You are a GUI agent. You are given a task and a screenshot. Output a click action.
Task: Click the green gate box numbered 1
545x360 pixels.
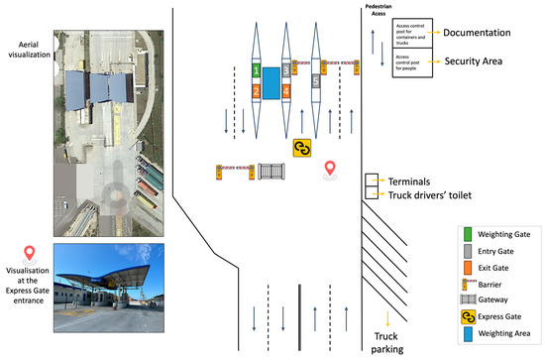tap(256, 71)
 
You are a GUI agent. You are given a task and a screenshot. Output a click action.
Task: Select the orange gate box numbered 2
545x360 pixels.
tap(256, 91)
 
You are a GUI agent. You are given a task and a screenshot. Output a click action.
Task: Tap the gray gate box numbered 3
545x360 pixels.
tap(286, 71)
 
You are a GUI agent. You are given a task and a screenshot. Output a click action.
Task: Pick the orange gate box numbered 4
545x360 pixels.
tap(286, 91)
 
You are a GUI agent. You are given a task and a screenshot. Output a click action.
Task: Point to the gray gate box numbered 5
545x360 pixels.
tap(317, 81)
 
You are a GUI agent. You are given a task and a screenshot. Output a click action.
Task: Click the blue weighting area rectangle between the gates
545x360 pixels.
tap(271, 82)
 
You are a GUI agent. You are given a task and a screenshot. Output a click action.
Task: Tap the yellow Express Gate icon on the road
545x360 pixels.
tap(302, 147)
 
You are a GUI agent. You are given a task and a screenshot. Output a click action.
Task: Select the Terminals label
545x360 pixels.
tap(409, 182)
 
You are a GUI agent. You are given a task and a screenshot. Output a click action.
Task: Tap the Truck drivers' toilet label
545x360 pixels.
tap(429, 195)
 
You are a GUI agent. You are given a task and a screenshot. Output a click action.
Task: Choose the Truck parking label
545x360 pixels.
tap(388, 342)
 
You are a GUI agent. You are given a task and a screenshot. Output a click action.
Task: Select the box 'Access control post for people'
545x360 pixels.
tap(415, 61)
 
